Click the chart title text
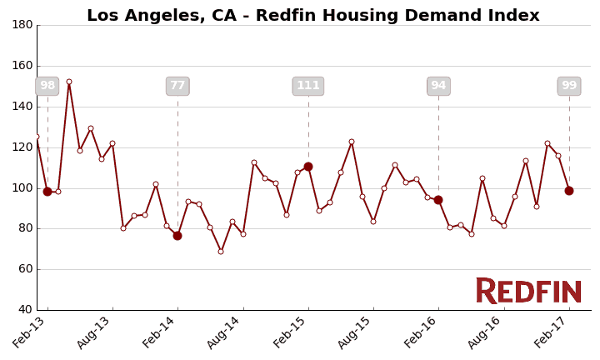(312, 16)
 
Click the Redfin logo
(528, 292)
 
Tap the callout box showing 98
(47, 86)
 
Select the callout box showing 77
(177, 86)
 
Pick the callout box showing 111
(308, 86)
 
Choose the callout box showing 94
(438, 86)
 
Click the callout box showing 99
(569, 86)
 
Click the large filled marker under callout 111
(308, 167)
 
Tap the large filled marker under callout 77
(177, 236)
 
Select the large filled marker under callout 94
(438, 200)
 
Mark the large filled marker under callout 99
(569, 191)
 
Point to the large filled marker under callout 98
(47, 192)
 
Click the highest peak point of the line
(69, 82)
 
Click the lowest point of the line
(221, 252)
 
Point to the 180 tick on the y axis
(22, 25)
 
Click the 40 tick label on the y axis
(22, 310)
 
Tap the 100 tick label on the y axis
(22, 187)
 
